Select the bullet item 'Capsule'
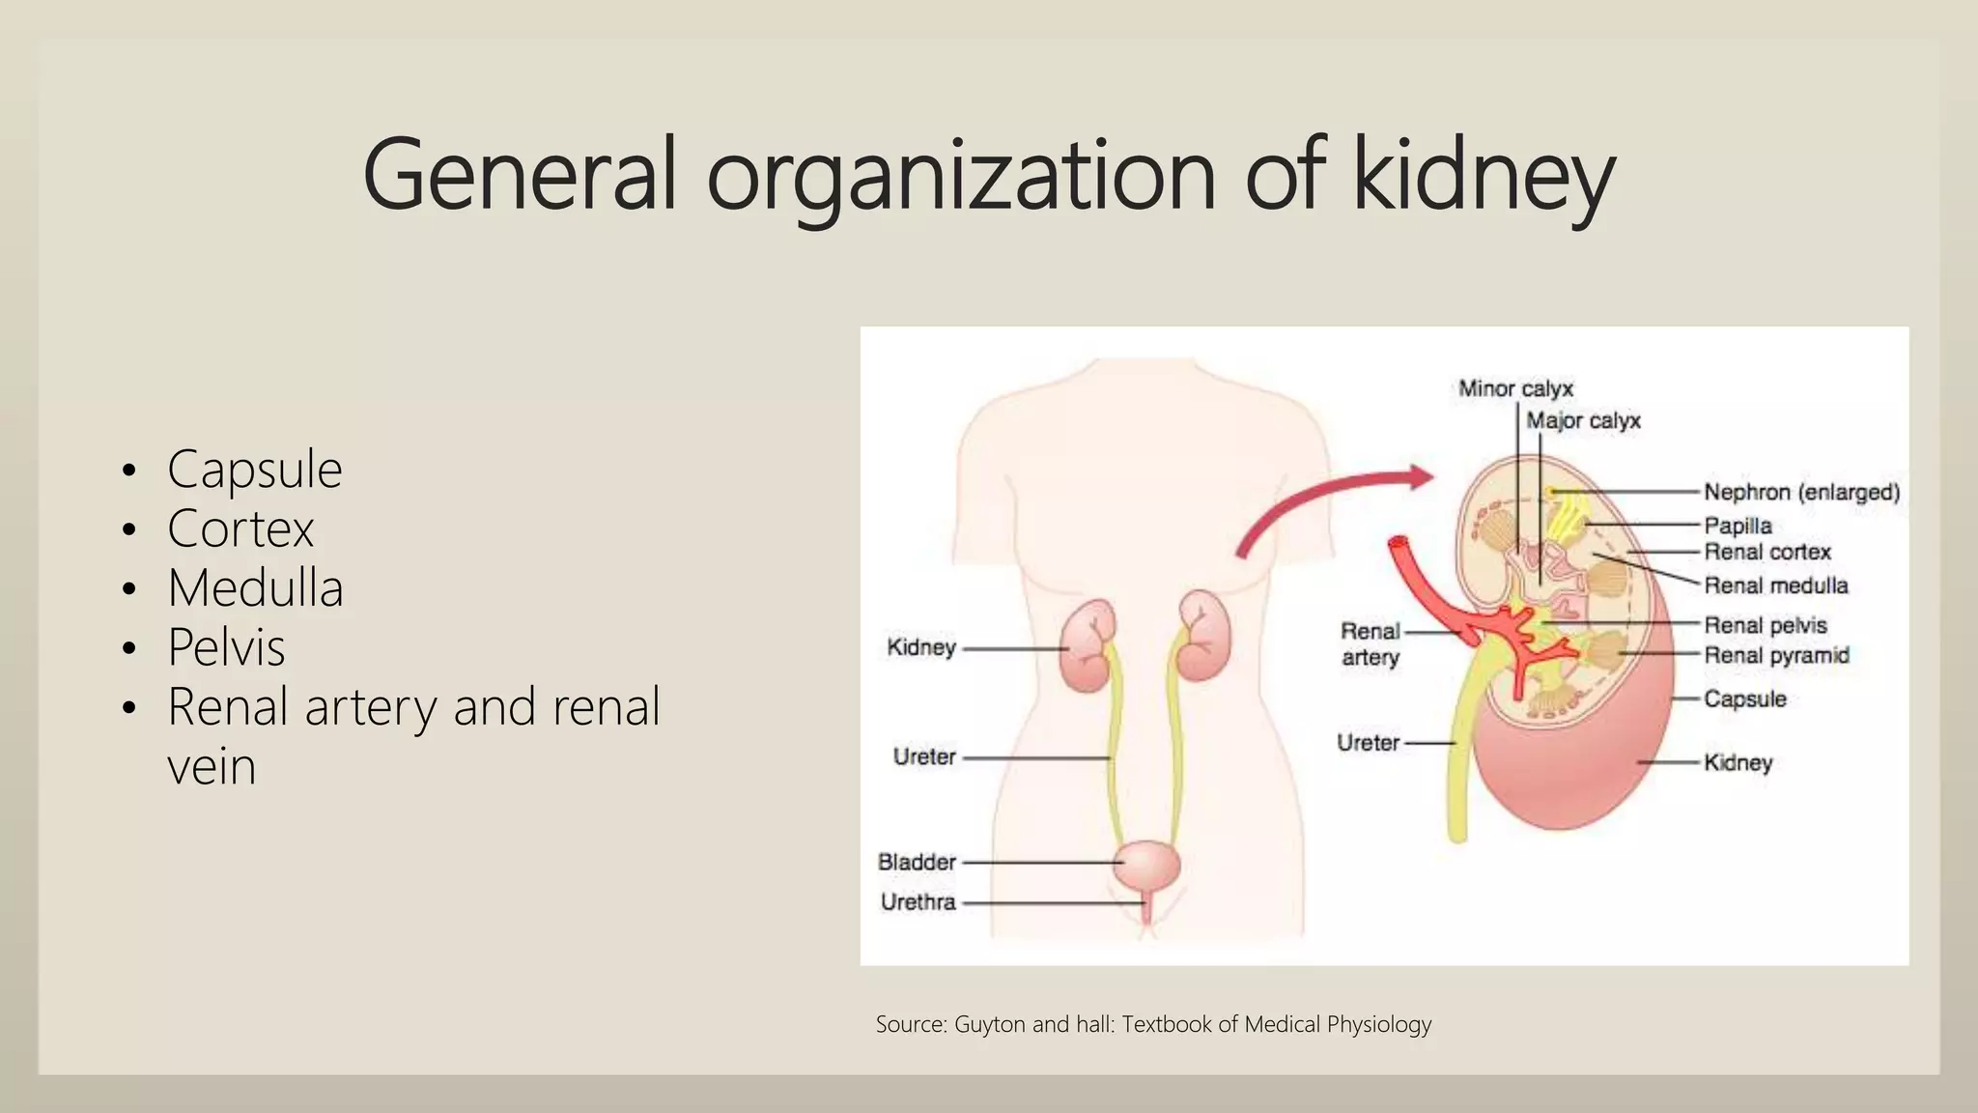(254, 470)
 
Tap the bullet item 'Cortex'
(240, 528)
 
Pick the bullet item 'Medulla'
(255, 588)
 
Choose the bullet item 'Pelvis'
(226, 647)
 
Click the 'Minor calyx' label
(1514, 388)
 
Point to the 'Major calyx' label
(1583, 420)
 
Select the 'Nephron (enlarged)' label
(1800, 492)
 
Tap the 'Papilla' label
(1738, 526)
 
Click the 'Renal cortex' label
(1766, 552)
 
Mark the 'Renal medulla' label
(1775, 585)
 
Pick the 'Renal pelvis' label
(1765, 625)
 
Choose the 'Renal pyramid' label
(1775, 655)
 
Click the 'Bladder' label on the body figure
(917, 862)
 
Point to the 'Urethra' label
(918, 902)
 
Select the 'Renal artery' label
(1370, 644)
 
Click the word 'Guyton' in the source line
(989, 1024)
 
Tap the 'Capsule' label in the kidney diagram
(1744, 699)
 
